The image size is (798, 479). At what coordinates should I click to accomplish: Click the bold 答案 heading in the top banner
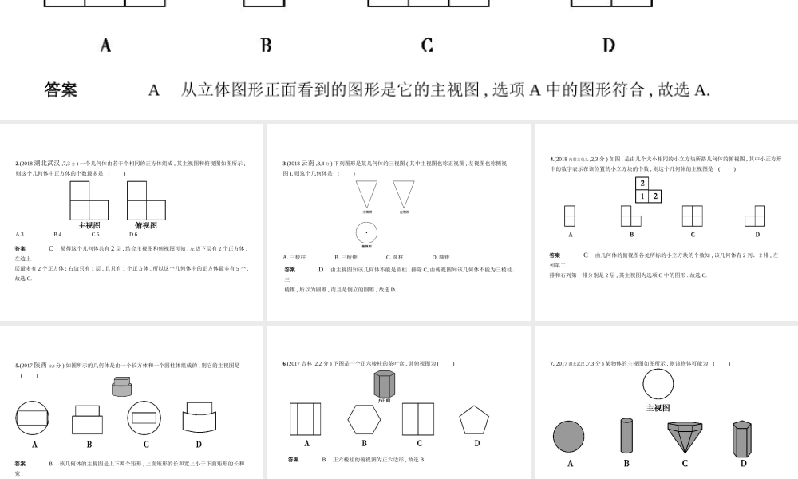(x=61, y=90)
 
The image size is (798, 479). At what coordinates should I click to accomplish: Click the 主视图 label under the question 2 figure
(x=89, y=225)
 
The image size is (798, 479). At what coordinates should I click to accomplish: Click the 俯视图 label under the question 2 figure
(x=146, y=225)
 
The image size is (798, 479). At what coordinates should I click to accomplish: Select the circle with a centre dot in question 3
(x=366, y=233)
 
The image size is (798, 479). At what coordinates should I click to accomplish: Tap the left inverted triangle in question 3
(x=367, y=194)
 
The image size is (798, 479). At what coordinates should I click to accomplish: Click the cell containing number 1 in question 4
(x=642, y=196)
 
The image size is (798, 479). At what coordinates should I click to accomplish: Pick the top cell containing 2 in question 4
(x=642, y=183)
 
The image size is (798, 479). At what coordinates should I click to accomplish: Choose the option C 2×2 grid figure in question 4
(x=692, y=216)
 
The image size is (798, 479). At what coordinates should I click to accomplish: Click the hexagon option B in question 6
(x=364, y=419)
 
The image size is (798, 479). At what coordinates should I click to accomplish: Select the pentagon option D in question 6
(x=474, y=420)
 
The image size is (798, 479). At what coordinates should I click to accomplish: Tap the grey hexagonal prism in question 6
(x=384, y=382)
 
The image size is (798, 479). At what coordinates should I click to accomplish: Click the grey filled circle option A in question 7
(x=570, y=437)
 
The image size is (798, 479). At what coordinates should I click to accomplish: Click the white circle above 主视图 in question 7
(x=658, y=385)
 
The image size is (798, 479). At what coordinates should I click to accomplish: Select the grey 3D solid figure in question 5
(x=121, y=387)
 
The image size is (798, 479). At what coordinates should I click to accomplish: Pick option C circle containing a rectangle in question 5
(x=144, y=418)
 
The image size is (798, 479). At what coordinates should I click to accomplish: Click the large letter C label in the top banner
(x=427, y=46)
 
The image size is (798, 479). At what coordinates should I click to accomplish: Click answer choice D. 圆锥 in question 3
(x=441, y=257)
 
